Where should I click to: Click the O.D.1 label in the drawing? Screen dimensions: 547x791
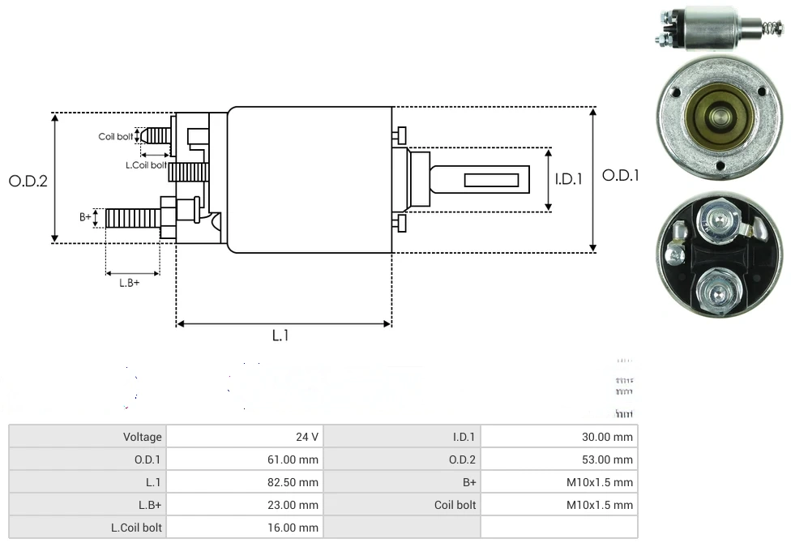pos(620,175)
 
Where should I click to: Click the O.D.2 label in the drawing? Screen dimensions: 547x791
pos(28,181)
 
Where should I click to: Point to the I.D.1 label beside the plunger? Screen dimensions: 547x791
pos(569,179)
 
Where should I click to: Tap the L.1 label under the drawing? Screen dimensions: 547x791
pos(280,335)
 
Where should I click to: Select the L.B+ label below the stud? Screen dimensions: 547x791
pos(130,283)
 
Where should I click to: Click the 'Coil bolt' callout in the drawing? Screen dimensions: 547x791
pos(115,136)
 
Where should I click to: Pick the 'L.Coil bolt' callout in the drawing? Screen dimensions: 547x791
pos(146,165)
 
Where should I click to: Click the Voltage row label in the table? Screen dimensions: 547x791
pos(143,437)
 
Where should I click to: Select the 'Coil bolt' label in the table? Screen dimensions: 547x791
pos(455,505)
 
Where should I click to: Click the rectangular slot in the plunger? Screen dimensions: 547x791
pos(491,177)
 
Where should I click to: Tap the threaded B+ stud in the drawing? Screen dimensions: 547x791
pos(132,218)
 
